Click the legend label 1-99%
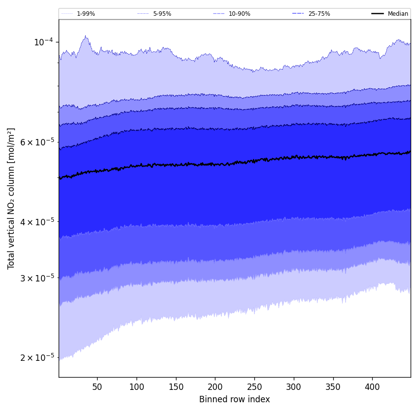point(86,14)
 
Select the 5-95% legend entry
point(162,14)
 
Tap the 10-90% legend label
point(239,14)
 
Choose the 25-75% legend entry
point(319,14)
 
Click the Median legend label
point(398,14)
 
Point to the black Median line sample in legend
point(378,14)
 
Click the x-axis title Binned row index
point(235,399)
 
